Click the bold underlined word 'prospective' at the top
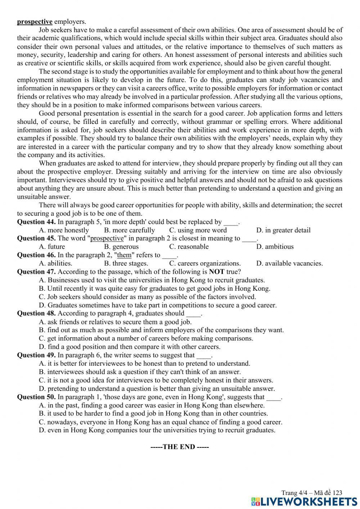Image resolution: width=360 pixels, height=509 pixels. point(35,22)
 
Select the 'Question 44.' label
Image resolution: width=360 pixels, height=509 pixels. point(36,222)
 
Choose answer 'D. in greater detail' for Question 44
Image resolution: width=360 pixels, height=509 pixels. point(283,230)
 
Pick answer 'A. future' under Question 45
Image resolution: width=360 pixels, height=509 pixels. point(52,247)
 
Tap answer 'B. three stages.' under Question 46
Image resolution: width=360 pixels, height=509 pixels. point(126,263)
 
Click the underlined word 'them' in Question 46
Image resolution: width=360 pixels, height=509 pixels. point(124,255)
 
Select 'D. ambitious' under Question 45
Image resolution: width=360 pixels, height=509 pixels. point(275,247)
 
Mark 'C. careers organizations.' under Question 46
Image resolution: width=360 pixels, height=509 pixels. point(205,263)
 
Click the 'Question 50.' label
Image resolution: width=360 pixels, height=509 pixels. point(36,397)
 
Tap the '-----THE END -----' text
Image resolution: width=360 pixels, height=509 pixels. point(179,447)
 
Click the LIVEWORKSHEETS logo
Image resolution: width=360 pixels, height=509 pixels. point(305,501)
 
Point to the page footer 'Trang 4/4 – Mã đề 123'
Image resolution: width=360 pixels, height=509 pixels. point(311,493)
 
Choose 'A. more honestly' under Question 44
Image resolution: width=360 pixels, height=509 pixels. point(64,230)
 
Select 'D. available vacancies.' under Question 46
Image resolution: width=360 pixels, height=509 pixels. point(289,263)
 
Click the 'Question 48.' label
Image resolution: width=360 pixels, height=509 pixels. point(36,313)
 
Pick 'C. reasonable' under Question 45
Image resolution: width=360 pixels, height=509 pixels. point(189,247)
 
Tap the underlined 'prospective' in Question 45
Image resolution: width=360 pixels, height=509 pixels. point(107,238)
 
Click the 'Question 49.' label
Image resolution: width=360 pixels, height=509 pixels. point(36,355)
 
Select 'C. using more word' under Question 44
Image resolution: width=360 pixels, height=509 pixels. point(198,230)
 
